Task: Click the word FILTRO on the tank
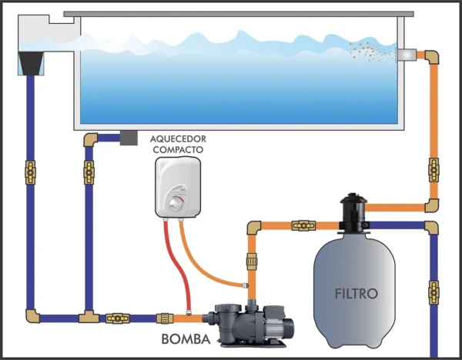click(356, 294)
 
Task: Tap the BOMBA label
click(186, 339)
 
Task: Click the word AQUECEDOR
click(178, 138)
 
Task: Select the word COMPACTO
click(178, 149)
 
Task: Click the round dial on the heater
click(176, 204)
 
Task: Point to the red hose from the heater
click(177, 265)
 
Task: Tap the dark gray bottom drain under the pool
click(129, 138)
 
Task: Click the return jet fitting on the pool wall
click(406, 55)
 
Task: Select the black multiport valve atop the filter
click(353, 212)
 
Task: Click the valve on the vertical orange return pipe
click(434, 170)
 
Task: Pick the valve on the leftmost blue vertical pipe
click(30, 172)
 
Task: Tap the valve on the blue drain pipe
click(89, 172)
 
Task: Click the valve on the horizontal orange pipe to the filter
click(303, 225)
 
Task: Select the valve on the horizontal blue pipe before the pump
click(118, 318)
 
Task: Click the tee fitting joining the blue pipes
click(89, 317)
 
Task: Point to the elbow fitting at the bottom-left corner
click(32, 316)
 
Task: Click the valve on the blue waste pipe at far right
click(434, 292)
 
